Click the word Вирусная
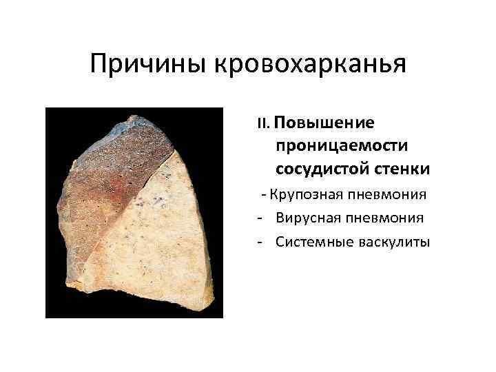click(x=307, y=218)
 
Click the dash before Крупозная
click(x=264, y=195)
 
